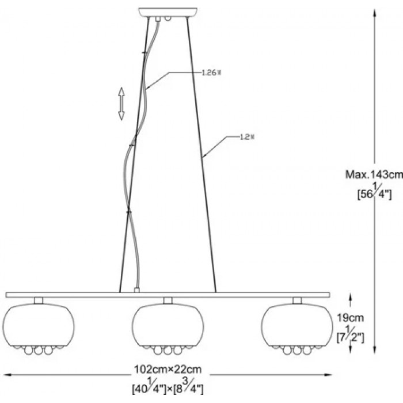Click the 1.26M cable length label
click(x=211, y=73)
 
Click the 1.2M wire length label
click(x=247, y=137)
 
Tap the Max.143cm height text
click(x=374, y=175)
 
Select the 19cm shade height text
click(x=350, y=318)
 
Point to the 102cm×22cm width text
click(x=168, y=370)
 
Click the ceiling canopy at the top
click(x=168, y=12)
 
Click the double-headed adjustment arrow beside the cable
click(x=121, y=104)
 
